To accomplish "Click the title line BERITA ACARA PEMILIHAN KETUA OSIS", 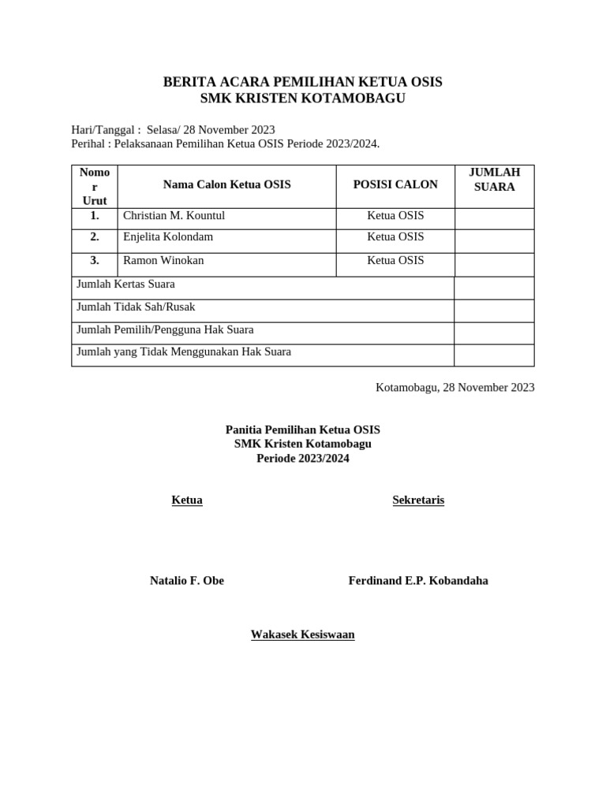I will [302, 82].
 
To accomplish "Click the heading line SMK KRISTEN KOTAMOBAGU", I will [302, 98].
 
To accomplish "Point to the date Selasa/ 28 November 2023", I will [211, 129].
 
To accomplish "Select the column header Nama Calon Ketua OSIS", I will [226, 184].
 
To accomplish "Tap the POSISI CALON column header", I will [395, 184].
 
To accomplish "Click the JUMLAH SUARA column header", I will [494, 180].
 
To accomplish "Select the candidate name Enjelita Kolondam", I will [168, 236].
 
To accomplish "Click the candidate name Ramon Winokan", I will [163, 260].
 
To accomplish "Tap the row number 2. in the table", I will [95, 236].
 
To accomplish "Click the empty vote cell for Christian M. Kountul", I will [494, 218].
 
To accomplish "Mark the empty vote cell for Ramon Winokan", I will [494, 265].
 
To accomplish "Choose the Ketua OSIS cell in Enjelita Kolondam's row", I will [395, 236].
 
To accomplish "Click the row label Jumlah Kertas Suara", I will [125, 284].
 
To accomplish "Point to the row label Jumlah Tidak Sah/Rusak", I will [136, 307].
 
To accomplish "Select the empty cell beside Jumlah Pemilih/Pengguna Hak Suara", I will [494, 333].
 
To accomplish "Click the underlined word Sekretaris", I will [418, 500].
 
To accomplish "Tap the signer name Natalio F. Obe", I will [187, 581].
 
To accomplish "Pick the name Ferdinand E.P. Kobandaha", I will [418, 581].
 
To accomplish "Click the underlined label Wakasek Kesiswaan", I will [302, 634].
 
